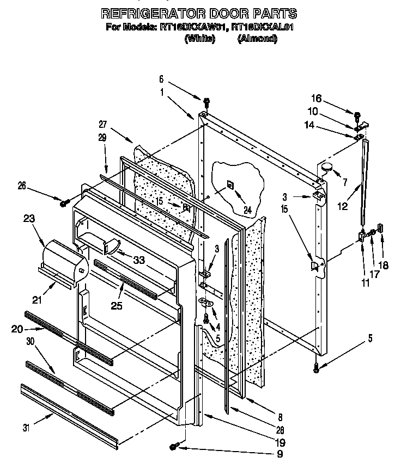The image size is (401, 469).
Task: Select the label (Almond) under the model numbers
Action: click(258, 39)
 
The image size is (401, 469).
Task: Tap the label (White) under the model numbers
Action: click(200, 39)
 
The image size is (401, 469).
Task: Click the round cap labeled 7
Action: click(327, 166)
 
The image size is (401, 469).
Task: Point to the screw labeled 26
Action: click(65, 202)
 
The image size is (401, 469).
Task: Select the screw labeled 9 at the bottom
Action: click(174, 446)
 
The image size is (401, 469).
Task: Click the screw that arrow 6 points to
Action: click(207, 102)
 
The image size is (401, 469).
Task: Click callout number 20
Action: click(17, 328)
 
